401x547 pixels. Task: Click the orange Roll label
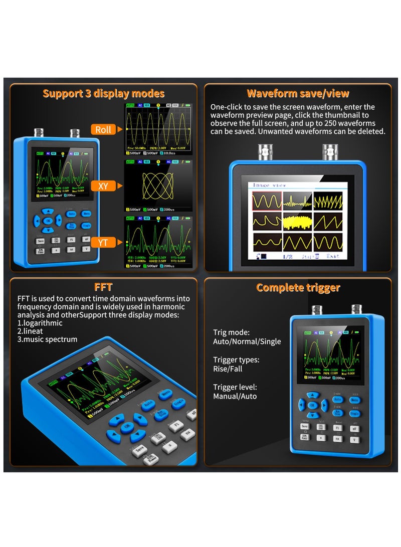point(103,129)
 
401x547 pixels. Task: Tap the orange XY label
point(103,186)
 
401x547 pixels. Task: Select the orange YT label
point(103,243)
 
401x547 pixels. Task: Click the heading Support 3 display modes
point(103,94)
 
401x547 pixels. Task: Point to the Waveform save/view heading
point(298,94)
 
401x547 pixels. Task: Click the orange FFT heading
point(103,287)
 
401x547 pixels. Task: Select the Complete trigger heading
point(298,287)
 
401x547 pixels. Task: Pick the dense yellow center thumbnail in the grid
point(298,221)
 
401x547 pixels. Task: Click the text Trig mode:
point(231,332)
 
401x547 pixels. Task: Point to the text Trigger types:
point(236,360)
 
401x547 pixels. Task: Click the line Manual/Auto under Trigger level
point(235,397)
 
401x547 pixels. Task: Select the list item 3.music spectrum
point(47,339)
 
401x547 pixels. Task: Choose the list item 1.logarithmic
point(40,323)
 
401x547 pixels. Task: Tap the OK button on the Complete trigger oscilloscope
point(312,405)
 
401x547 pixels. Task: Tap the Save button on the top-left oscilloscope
point(40,240)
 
